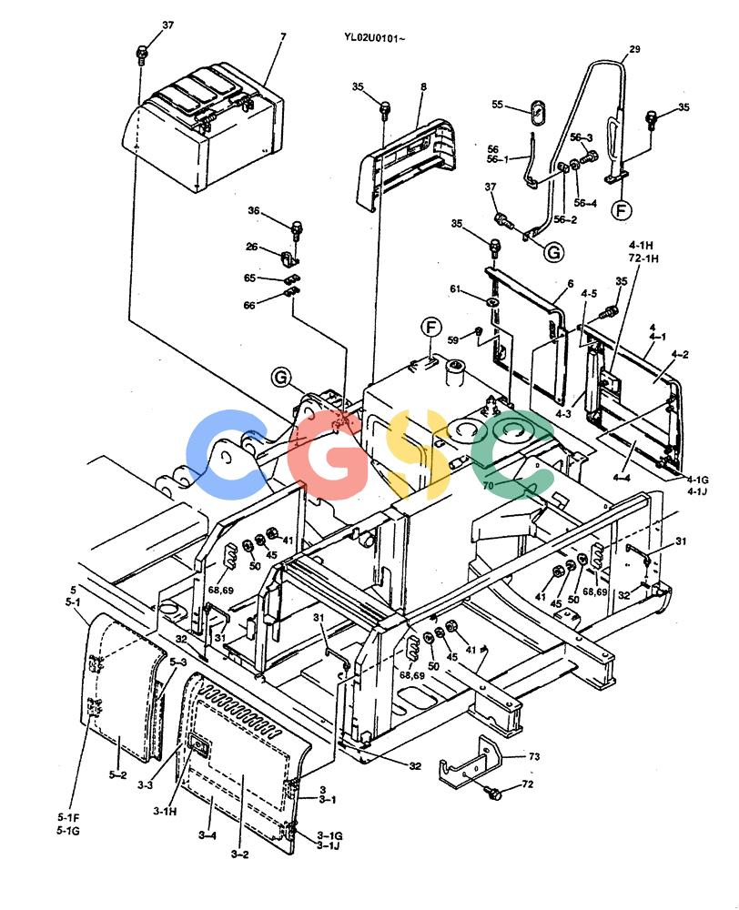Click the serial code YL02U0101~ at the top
[x=374, y=39]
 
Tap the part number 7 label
[x=283, y=37]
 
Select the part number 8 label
[x=424, y=87]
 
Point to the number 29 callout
[x=634, y=49]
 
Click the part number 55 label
[x=497, y=105]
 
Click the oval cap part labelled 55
[x=536, y=110]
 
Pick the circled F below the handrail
[x=622, y=209]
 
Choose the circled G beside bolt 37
[x=554, y=252]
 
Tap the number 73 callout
[x=534, y=756]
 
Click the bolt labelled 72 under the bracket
[x=494, y=793]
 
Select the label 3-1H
[x=165, y=812]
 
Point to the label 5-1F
[x=68, y=818]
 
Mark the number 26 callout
[x=251, y=247]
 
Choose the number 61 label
[x=456, y=289]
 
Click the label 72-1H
[x=643, y=258]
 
